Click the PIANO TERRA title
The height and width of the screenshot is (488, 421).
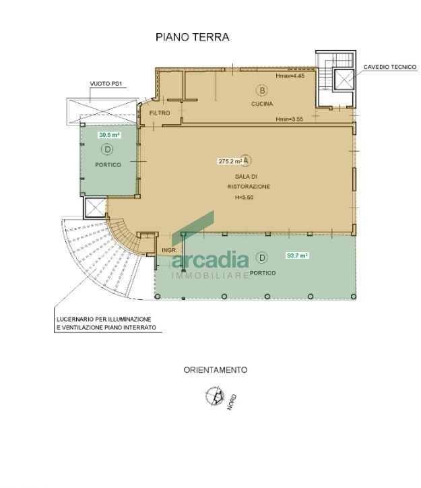pos(193,37)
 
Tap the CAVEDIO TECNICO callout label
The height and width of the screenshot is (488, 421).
pos(389,67)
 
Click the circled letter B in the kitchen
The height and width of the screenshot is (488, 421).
pos(262,90)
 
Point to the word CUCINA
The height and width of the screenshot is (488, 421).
pos(262,104)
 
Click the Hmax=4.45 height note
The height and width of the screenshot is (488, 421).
pos(290,75)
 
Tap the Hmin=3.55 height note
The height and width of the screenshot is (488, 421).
pos(289,119)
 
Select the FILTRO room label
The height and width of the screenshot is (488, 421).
pos(160,113)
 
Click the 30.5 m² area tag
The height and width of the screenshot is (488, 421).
pos(109,135)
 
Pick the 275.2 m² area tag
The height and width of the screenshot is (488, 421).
pos(230,161)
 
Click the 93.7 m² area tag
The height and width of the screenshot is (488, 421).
pos(297,255)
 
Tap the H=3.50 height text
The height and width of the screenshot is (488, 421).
pos(244,197)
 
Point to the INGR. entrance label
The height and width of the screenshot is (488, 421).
pos(169,250)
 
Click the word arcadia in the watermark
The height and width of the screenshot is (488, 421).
pos(210,260)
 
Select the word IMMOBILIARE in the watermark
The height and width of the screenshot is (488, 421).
pos(210,276)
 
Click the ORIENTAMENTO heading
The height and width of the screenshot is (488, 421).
pos(216,370)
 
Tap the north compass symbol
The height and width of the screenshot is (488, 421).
pos(215,396)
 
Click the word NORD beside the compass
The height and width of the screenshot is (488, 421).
pos(232,402)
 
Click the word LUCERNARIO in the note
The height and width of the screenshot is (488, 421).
pos(73,319)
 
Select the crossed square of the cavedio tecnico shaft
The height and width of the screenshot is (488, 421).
pos(344,80)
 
